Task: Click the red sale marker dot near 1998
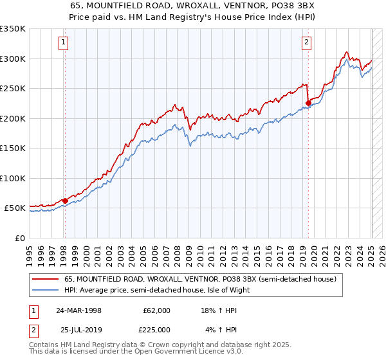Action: (65, 201)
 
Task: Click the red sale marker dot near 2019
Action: (308, 102)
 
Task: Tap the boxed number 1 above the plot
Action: (64, 43)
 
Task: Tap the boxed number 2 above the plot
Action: (307, 43)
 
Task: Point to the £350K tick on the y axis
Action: (12, 29)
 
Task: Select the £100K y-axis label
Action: (12, 178)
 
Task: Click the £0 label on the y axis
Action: (19, 238)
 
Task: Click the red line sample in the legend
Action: (46, 280)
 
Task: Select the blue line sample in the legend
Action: (46, 290)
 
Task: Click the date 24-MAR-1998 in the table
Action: (79, 310)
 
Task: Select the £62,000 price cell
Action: (156, 310)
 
